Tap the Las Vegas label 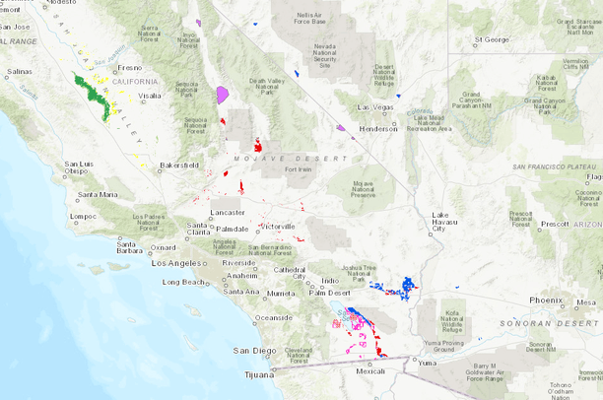tap(375, 107)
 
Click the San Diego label tap(249, 350)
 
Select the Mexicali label tap(370, 371)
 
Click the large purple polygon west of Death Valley tap(223, 95)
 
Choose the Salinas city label tap(21, 72)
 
